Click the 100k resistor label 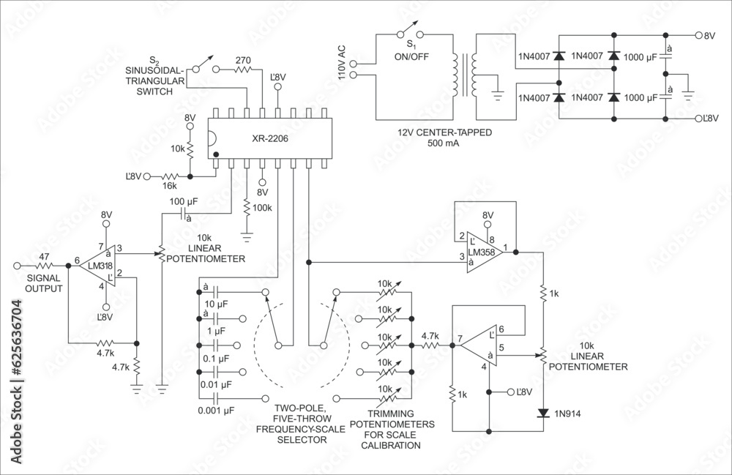point(264,207)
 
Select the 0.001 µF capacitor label point(217,411)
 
